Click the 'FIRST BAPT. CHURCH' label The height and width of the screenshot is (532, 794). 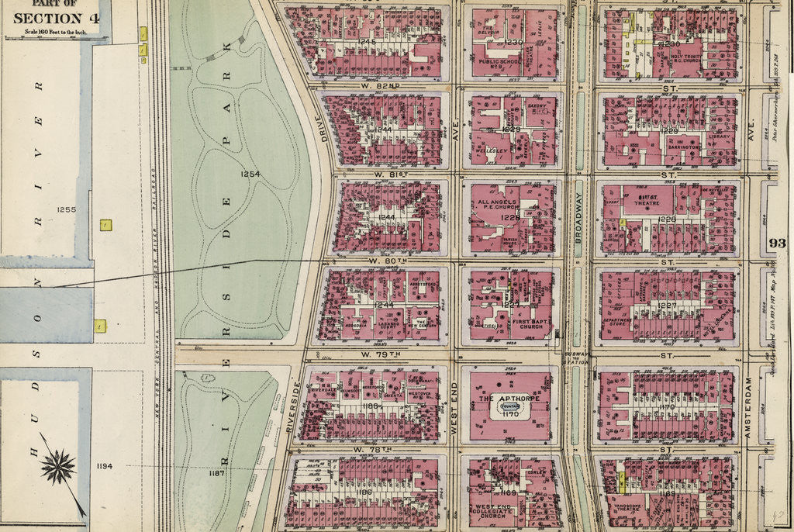[x=530, y=321]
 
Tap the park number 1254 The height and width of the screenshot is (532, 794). [x=250, y=174]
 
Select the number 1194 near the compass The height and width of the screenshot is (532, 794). [x=105, y=466]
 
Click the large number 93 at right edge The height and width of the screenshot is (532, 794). [x=777, y=244]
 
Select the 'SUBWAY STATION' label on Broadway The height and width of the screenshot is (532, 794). [x=578, y=358]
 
